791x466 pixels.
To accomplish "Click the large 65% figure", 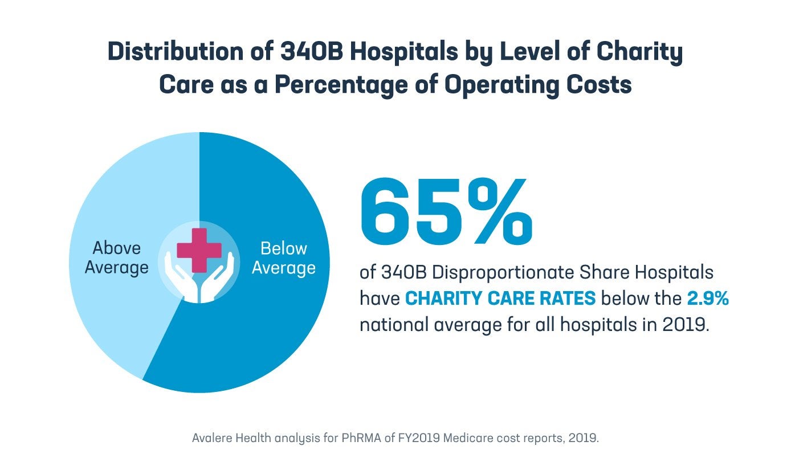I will [x=447, y=210].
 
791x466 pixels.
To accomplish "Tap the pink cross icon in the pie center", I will [x=199, y=250].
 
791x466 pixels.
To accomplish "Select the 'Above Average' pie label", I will [x=117, y=258].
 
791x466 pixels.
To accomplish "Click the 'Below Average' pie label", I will [x=283, y=258].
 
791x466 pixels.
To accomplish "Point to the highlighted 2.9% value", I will [x=707, y=299].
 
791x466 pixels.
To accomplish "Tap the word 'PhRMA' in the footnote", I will [x=331, y=439].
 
